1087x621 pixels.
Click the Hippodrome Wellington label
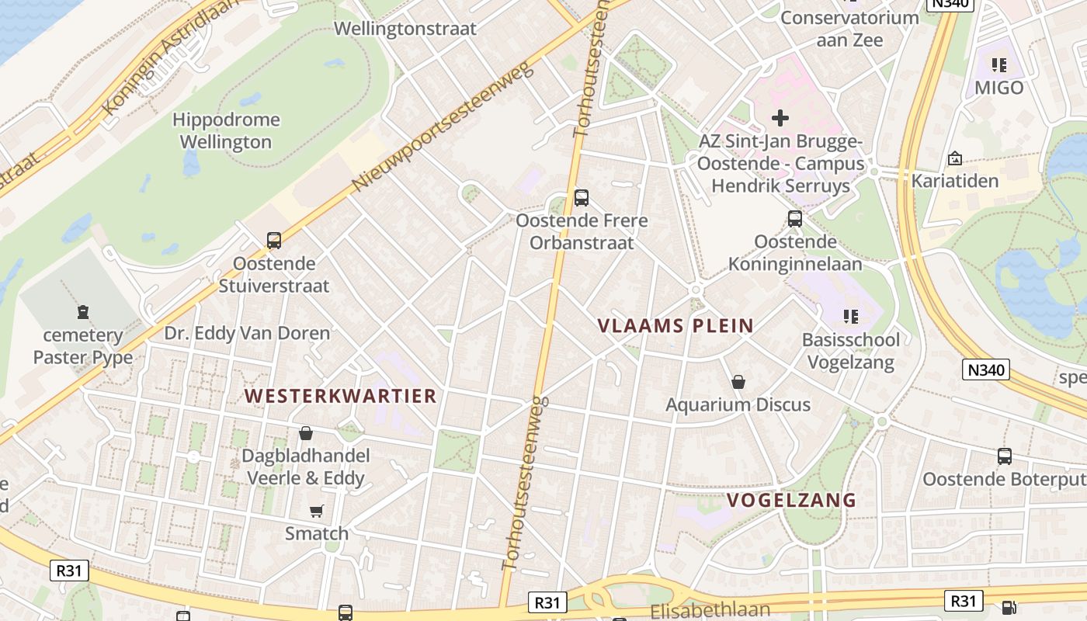pos(226,131)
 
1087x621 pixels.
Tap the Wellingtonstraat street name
pos(405,29)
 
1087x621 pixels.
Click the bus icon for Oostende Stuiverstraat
pos(273,241)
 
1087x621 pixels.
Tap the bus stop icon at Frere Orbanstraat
pos(581,198)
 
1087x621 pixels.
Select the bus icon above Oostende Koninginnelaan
pos(794,219)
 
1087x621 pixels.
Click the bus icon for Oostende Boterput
pos(1004,456)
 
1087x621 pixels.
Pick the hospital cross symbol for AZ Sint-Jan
pos(780,118)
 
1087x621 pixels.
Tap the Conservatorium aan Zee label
pos(849,28)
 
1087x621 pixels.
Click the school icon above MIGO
pos(998,65)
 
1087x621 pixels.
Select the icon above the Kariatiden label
pos(954,158)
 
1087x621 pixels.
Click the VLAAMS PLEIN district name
pos(675,326)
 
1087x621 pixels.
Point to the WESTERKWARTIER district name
pos(341,396)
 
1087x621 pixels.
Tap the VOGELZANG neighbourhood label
pos(791,501)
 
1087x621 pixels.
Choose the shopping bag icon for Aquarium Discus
pos(738,382)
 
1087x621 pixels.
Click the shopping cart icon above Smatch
pos(316,511)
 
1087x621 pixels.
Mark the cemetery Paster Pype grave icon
pos(82,313)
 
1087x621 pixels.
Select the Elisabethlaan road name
pos(710,609)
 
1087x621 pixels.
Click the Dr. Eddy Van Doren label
pos(247,333)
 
